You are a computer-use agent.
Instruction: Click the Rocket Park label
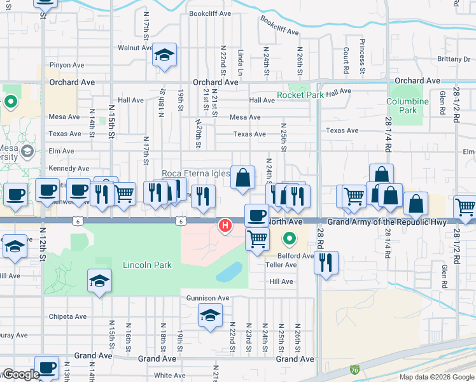pyautogui.click(x=300, y=95)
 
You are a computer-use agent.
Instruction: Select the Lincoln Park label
pyautogui.click(x=147, y=264)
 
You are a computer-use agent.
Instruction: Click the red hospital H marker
pyautogui.click(x=225, y=225)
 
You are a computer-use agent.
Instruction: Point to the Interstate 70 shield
pyautogui.click(x=354, y=369)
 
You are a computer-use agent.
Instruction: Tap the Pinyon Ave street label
pyautogui.click(x=68, y=65)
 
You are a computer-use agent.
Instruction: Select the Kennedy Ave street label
pyautogui.click(x=69, y=168)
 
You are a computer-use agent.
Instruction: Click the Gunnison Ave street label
pyautogui.click(x=207, y=298)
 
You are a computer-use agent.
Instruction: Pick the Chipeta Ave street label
pyautogui.click(x=68, y=316)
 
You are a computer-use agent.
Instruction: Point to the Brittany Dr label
pyautogui.click(x=454, y=59)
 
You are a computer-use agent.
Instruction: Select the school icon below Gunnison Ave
pyautogui.click(x=210, y=315)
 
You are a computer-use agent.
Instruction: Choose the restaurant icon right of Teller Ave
pyautogui.click(x=326, y=261)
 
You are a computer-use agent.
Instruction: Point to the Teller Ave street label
pyautogui.click(x=281, y=264)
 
